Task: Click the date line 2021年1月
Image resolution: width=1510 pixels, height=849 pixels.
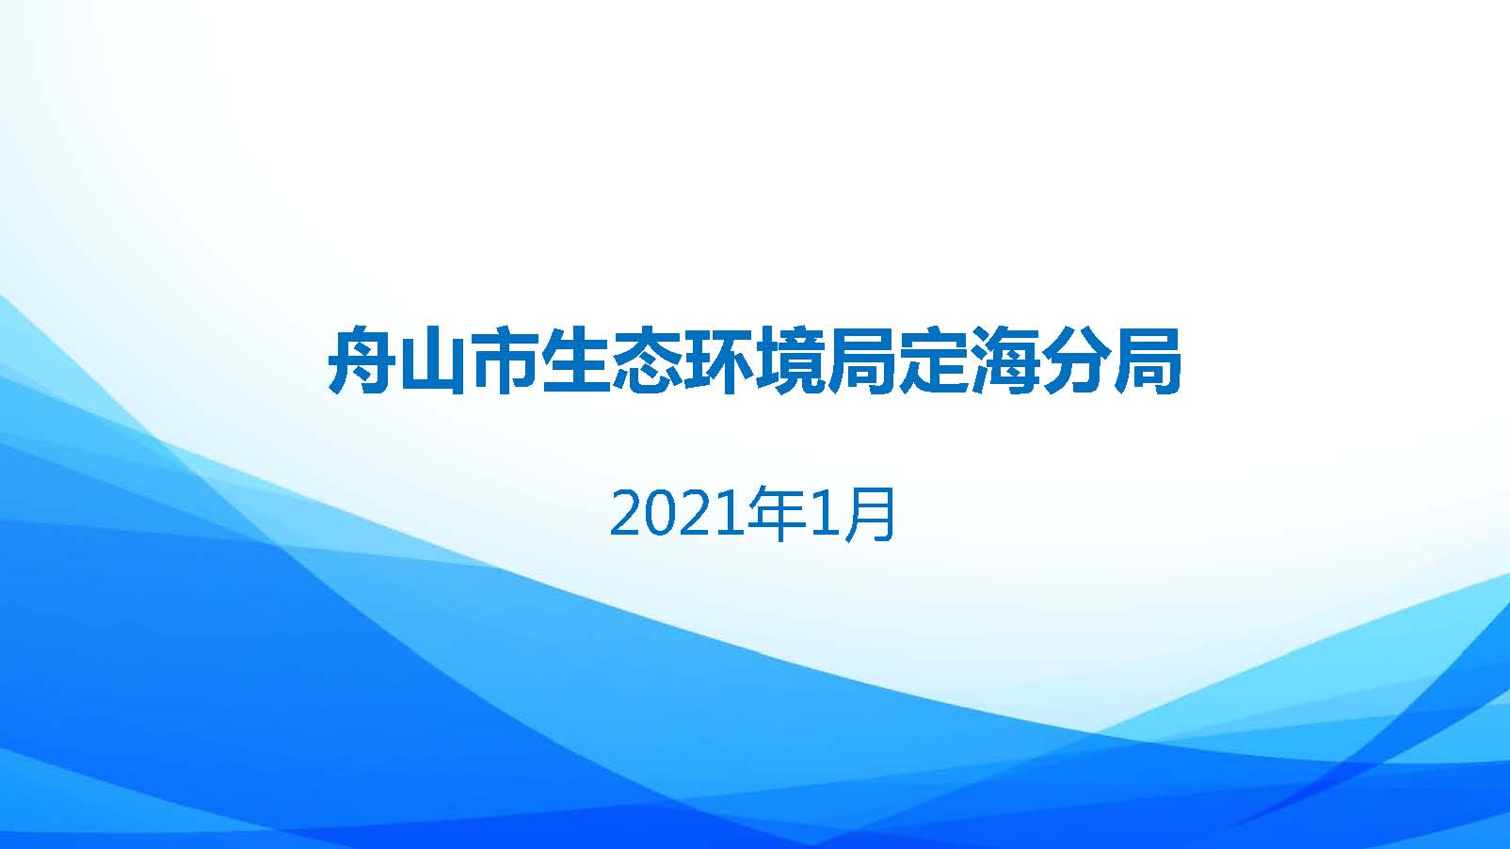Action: [x=752, y=514]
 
